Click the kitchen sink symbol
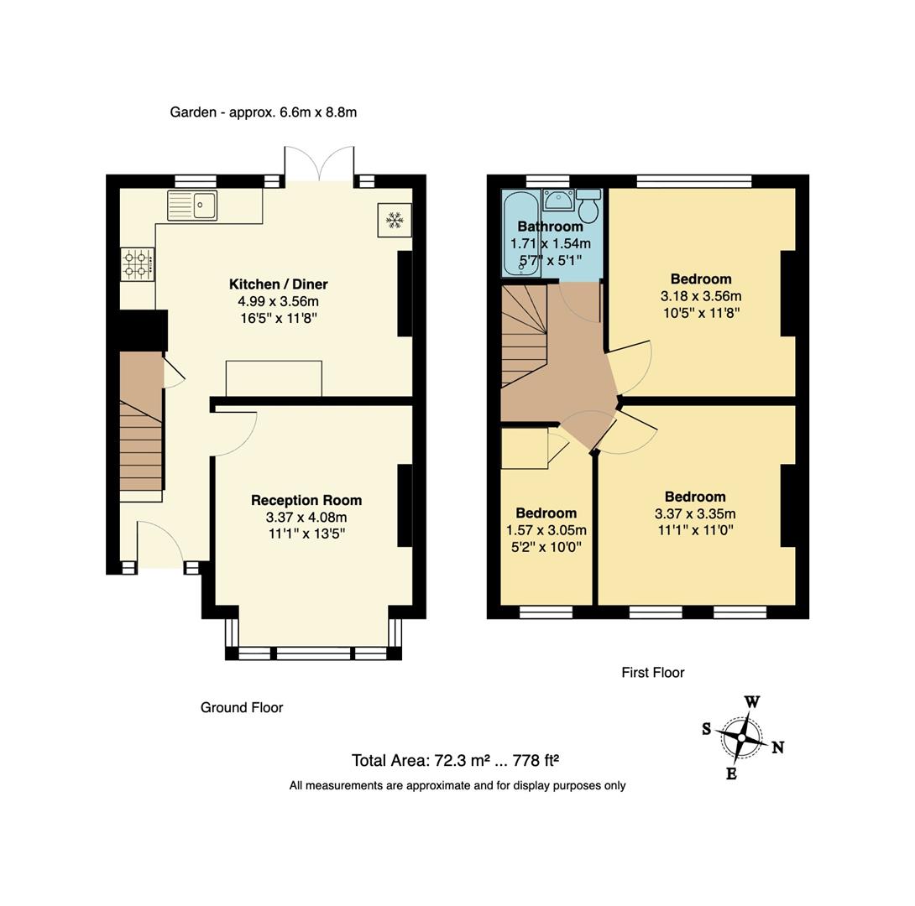[x=192, y=206]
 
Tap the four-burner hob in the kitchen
[x=138, y=264]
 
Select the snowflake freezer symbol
[x=394, y=220]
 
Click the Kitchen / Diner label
[x=278, y=284]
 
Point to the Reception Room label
[x=306, y=500]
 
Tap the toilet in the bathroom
[x=588, y=205]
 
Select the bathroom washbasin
[x=557, y=200]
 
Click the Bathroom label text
[x=550, y=226]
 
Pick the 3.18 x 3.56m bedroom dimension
[x=701, y=296]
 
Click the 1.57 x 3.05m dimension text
[x=546, y=530]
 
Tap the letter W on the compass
[x=752, y=702]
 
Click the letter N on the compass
[x=777, y=747]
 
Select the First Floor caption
[x=652, y=673]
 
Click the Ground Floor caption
[x=242, y=707]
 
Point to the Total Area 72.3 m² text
[x=455, y=761]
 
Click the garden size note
[x=263, y=112]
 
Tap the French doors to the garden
[x=320, y=163]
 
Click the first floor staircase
[x=523, y=336]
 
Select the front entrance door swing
[x=159, y=542]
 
